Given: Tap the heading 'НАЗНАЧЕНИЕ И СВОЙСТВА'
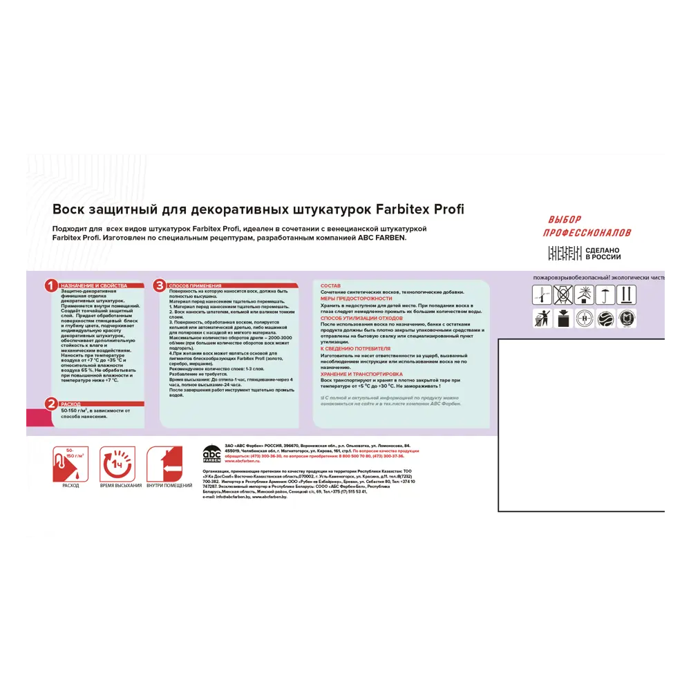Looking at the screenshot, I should pos(93,285).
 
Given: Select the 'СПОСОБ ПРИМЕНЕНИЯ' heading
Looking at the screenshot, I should pos(195,285).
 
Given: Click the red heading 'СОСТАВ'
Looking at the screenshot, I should pos(330,285).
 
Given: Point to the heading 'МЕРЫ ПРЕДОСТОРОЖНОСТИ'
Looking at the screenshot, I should pos(356,298).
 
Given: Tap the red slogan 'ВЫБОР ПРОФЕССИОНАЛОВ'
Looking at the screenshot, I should pos(587,226).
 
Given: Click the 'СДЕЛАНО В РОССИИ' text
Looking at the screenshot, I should pos(603,254).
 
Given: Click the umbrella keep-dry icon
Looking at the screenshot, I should pos(605,295).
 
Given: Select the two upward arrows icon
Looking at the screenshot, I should pos(627,295).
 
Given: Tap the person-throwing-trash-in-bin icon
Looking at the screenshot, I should pos(542,319).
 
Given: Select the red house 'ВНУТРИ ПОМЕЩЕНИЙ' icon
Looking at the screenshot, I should pos(164,463).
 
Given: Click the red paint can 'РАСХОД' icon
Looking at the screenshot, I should pos(70,463).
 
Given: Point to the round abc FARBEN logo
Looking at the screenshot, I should pos(211,454).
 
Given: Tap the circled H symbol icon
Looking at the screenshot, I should pos(584,319).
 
